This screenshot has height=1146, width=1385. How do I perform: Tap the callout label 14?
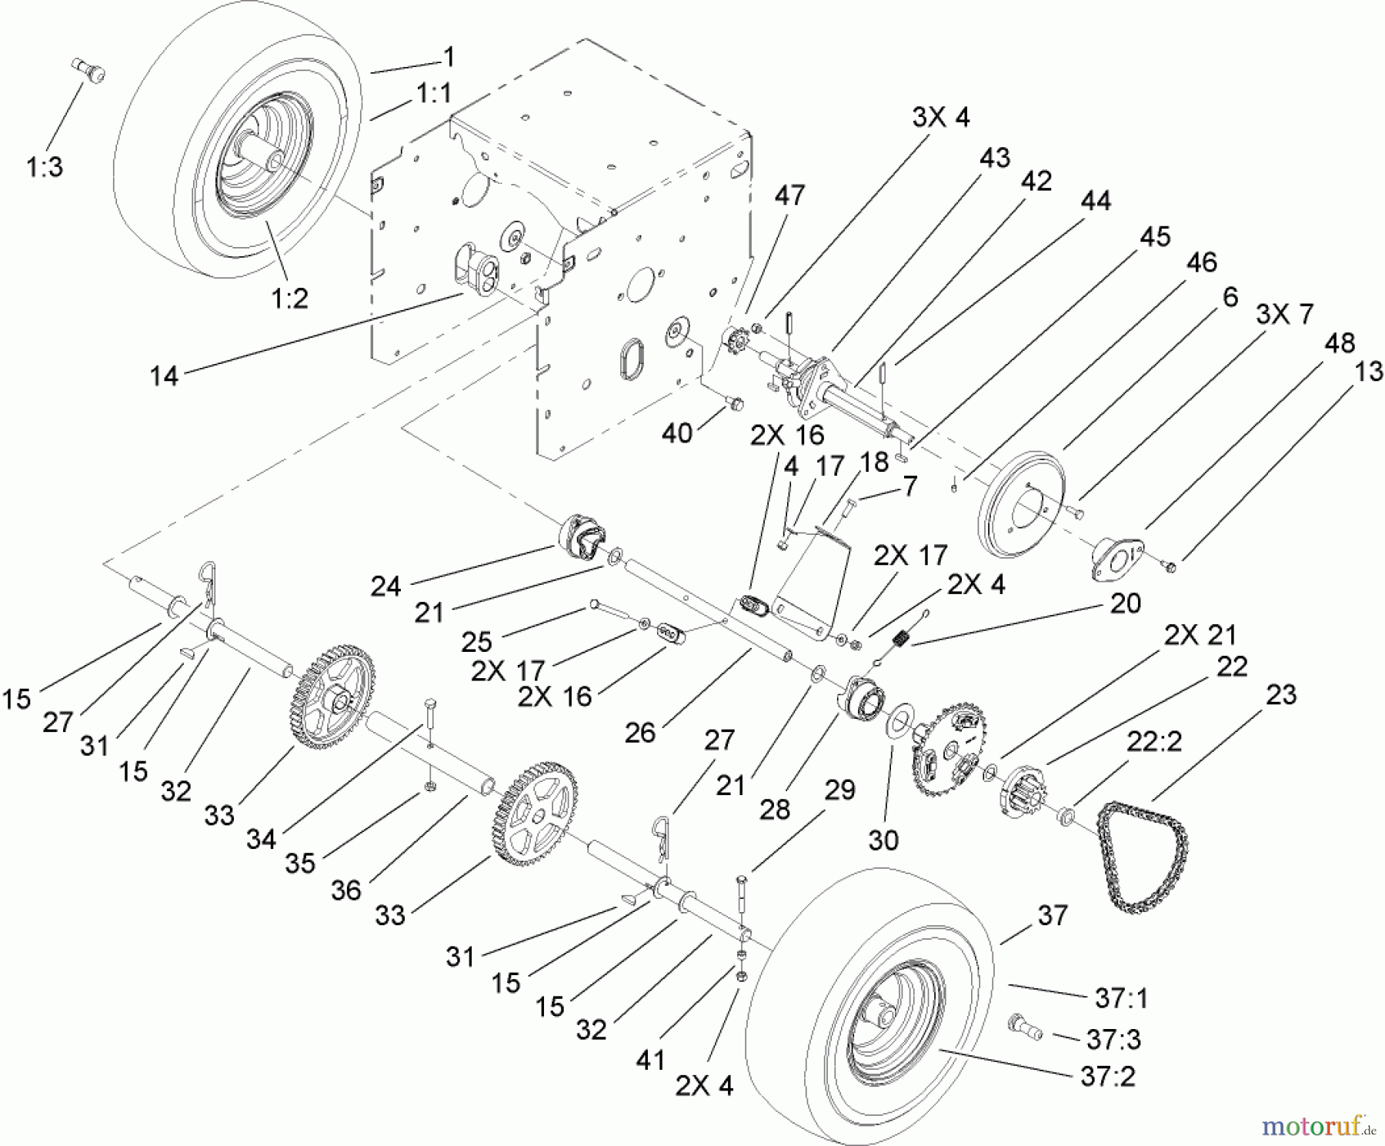pyautogui.click(x=164, y=376)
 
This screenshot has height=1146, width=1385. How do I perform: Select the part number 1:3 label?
pyautogui.click(x=45, y=167)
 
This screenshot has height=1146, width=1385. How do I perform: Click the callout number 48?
pyautogui.click(x=1340, y=343)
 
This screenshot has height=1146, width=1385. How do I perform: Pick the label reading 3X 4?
pyautogui.click(x=940, y=118)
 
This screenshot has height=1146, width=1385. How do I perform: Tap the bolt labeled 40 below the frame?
pyautogui.click(x=735, y=403)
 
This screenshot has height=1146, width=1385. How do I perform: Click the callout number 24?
pyautogui.click(x=385, y=586)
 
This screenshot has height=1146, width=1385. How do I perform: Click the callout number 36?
pyautogui.click(x=345, y=890)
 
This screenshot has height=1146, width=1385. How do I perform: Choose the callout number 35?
pyautogui.click(x=300, y=863)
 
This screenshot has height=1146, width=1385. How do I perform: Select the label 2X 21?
pyautogui.click(x=1200, y=635)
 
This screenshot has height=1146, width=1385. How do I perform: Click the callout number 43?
pyautogui.click(x=994, y=158)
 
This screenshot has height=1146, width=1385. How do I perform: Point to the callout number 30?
pyautogui.click(x=883, y=840)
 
